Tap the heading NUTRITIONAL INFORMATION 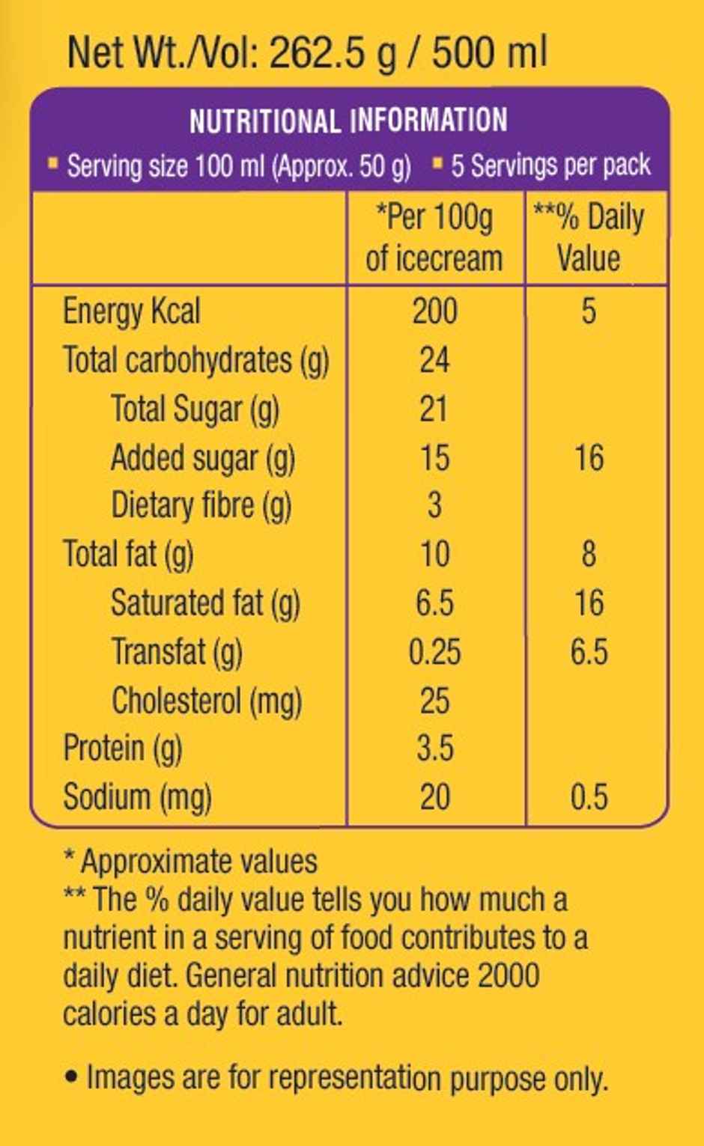(x=348, y=121)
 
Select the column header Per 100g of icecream (x=434, y=238)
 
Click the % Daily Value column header (x=589, y=238)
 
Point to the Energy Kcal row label (x=132, y=311)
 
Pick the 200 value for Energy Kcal (x=434, y=311)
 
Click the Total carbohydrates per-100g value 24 (x=434, y=360)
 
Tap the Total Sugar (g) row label (x=195, y=409)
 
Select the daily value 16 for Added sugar (x=589, y=457)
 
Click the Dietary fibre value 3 (x=434, y=505)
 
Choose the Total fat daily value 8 (x=589, y=555)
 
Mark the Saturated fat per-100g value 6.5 (x=434, y=603)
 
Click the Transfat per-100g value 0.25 (x=434, y=652)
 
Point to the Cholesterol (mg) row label (x=207, y=701)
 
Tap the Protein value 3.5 (x=434, y=749)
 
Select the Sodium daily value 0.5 (x=589, y=797)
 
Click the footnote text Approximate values (x=198, y=862)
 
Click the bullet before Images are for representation (x=72, y=1078)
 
